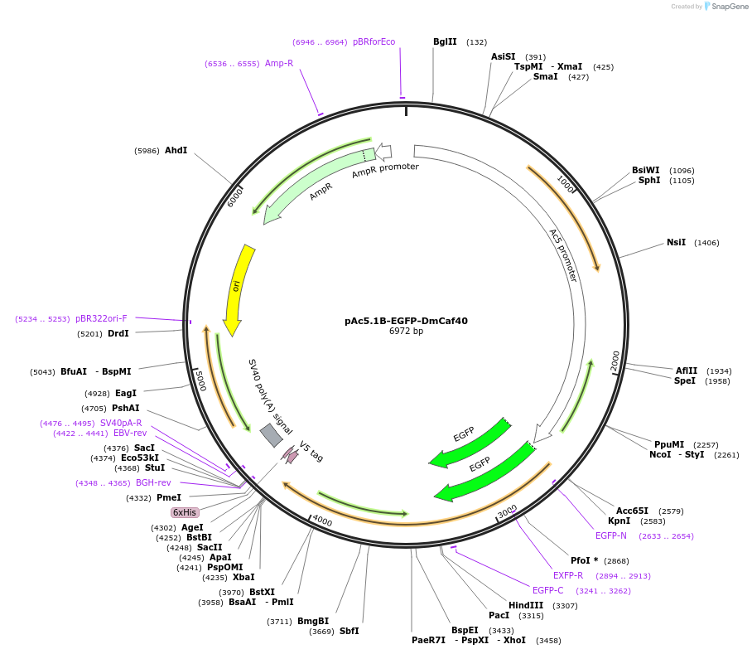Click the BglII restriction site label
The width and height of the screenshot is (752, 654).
click(x=445, y=41)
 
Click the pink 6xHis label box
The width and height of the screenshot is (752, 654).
click(x=185, y=512)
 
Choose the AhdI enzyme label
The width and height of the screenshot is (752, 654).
click(x=176, y=150)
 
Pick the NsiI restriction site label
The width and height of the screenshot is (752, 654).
click(x=676, y=243)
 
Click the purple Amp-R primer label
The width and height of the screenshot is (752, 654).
click(x=279, y=63)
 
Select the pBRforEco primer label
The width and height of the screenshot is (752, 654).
click(x=374, y=41)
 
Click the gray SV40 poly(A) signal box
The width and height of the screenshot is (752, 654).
click(x=271, y=435)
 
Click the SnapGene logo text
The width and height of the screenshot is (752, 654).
click(x=730, y=7)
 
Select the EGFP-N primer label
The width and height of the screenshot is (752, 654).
click(x=610, y=535)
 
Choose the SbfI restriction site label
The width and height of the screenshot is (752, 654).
click(x=349, y=631)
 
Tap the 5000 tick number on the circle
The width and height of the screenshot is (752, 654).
click(x=199, y=380)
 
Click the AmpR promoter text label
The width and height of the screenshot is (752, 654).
click(x=385, y=171)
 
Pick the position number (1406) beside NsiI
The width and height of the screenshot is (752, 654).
click(x=706, y=243)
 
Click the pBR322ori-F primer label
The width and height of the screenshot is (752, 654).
click(x=101, y=318)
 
